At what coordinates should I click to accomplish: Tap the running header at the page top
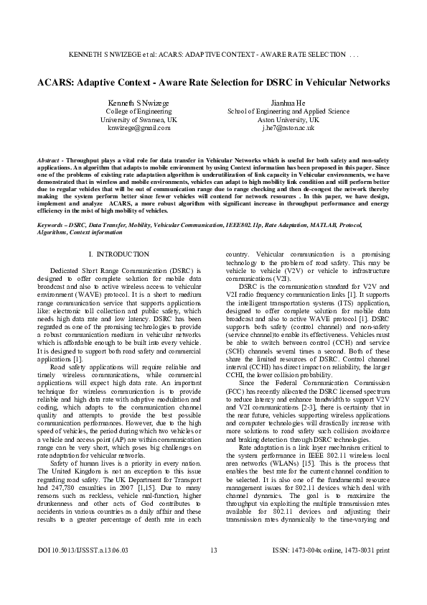(213, 54)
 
